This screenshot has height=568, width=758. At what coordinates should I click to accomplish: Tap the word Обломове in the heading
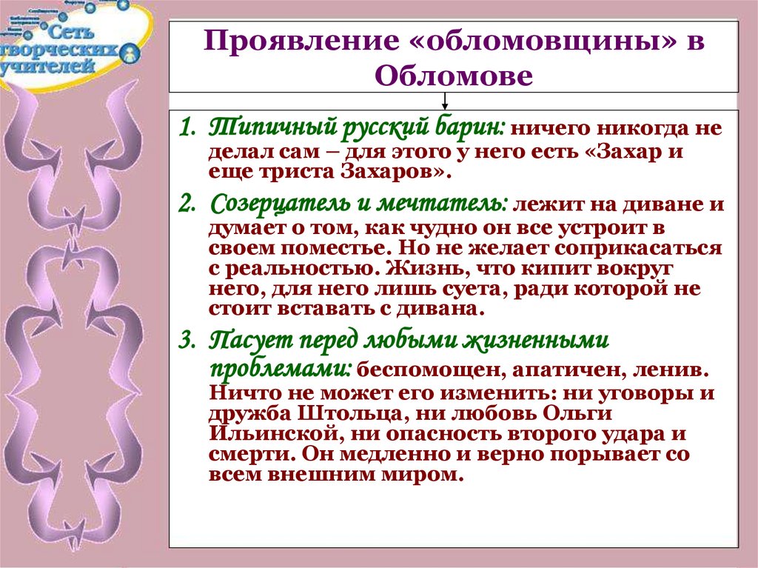click(x=454, y=76)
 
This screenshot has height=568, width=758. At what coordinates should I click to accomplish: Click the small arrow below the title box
click(x=445, y=101)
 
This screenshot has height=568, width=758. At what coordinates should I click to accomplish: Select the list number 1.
click(x=187, y=128)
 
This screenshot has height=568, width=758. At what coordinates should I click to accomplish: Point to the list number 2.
click(x=187, y=204)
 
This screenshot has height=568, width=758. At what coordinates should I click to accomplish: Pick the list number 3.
click(x=187, y=341)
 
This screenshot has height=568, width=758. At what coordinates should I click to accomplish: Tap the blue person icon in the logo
click(x=130, y=53)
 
